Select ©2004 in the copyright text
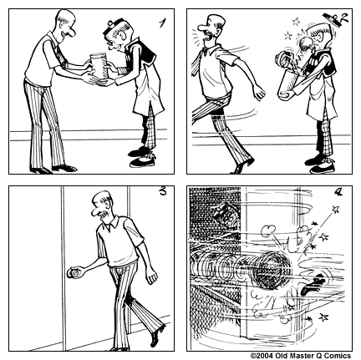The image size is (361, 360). pyautogui.click(x=264, y=354)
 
